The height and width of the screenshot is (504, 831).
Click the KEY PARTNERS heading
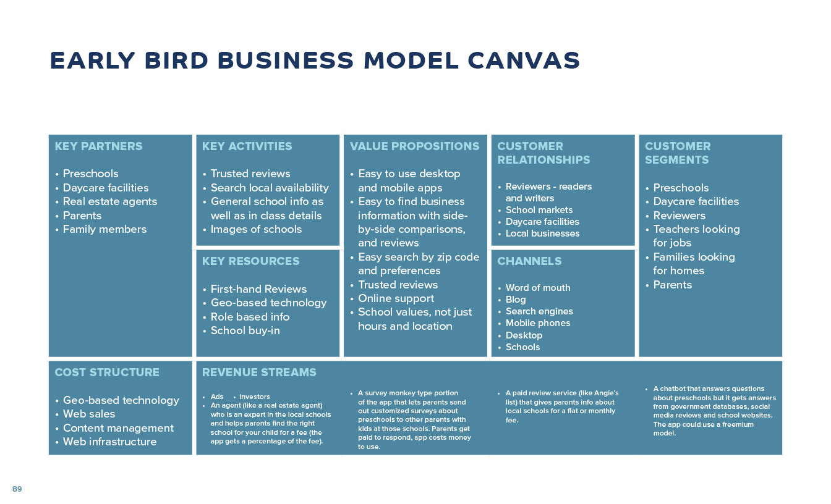click(98, 146)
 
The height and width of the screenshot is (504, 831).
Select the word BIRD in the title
click(176, 61)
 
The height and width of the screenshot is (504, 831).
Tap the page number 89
click(17, 489)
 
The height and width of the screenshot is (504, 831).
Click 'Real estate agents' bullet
click(110, 201)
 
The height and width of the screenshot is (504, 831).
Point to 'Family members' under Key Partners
click(104, 229)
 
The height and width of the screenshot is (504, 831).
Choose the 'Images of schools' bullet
click(256, 229)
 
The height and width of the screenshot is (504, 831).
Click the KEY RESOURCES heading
click(250, 261)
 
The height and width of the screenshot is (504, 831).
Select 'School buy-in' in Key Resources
click(245, 330)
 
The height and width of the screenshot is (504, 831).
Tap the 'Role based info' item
click(250, 317)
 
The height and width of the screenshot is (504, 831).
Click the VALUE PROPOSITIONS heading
click(414, 146)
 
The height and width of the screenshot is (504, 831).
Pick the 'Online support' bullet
click(396, 299)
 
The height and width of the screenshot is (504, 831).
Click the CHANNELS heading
click(529, 261)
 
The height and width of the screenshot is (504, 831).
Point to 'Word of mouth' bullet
click(538, 288)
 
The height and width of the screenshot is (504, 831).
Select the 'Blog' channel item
click(516, 300)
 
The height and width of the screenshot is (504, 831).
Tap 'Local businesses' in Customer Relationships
click(542, 233)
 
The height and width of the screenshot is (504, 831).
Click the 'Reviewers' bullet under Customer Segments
click(680, 216)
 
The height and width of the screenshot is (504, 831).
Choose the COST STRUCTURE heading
click(107, 372)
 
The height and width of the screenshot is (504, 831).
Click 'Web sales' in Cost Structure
click(89, 414)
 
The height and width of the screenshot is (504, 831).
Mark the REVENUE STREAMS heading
click(259, 372)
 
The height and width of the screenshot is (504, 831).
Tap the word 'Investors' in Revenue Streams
click(255, 397)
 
